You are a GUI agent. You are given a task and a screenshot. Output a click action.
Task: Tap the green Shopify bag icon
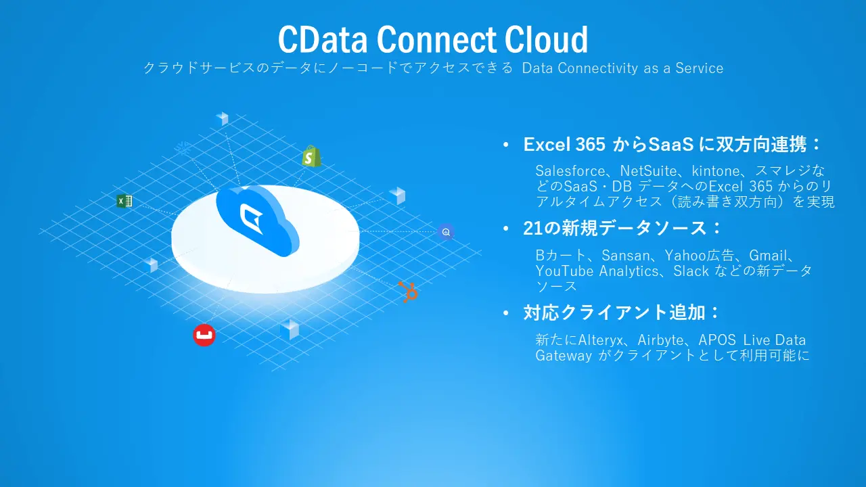[x=311, y=156]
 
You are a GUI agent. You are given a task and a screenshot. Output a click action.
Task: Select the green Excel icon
[x=124, y=201]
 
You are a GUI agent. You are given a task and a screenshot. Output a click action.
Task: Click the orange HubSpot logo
[x=408, y=292]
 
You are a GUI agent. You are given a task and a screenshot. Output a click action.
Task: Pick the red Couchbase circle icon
[x=204, y=335]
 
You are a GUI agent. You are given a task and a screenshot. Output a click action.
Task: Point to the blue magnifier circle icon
[x=446, y=232]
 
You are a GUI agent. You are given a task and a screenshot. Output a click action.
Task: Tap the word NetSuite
[x=647, y=171]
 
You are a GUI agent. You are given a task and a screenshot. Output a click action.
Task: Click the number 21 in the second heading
[x=532, y=229]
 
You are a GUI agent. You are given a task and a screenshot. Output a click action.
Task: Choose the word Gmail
[x=768, y=256]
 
